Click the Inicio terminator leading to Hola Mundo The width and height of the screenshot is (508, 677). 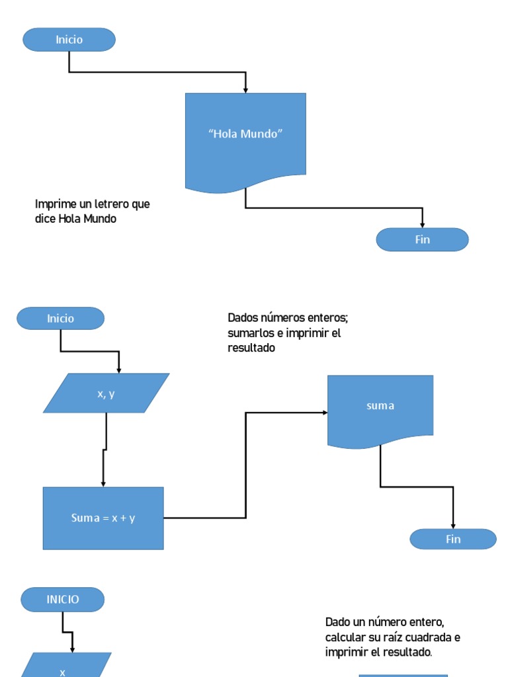pos(69,40)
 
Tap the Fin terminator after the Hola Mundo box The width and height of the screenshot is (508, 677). pos(422,239)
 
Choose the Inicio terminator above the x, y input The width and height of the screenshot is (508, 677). pos(60,319)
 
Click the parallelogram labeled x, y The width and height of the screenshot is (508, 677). pos(106,393)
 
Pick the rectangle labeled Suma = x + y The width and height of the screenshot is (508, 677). pos(103,518)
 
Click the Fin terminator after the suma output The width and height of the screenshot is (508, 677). pos(453,539)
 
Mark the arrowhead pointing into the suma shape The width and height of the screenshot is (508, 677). pos(325,413)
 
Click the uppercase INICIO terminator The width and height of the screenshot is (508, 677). pos(63,600)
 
